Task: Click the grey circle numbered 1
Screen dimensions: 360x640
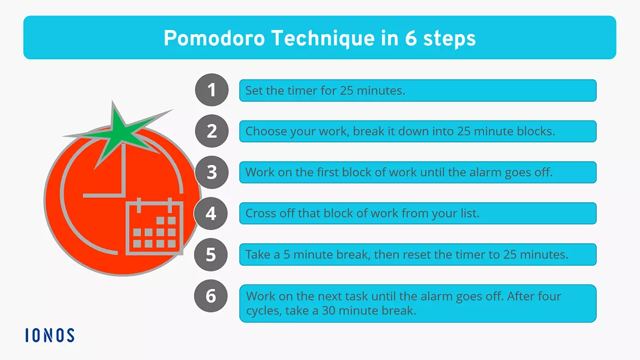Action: (212, 90)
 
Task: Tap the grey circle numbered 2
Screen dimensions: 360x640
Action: (212, 131)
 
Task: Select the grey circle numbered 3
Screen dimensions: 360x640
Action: (212, 172)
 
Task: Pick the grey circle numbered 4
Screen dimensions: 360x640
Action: (212, 213)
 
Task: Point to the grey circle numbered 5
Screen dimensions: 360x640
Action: (212, 254)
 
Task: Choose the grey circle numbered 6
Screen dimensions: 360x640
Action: (212, 295)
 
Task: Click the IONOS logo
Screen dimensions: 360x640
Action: (50, 335)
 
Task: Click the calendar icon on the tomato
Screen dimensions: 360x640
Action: (154, 226)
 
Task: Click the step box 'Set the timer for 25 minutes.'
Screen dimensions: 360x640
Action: (417, 91)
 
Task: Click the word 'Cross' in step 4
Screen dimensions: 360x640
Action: (259, 213)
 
